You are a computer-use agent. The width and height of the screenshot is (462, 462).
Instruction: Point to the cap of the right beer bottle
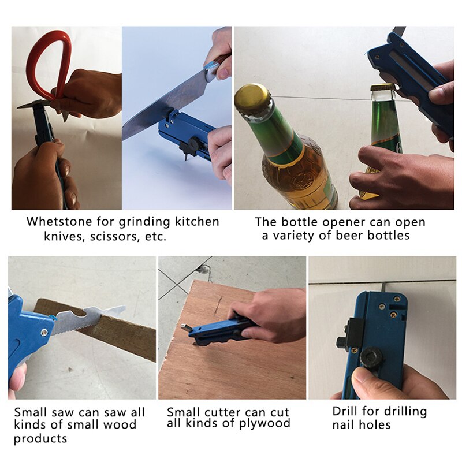coord(383,88)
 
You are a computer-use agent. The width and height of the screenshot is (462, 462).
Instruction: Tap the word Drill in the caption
coord(346,411)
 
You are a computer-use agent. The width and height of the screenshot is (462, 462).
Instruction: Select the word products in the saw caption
coord(40,438)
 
